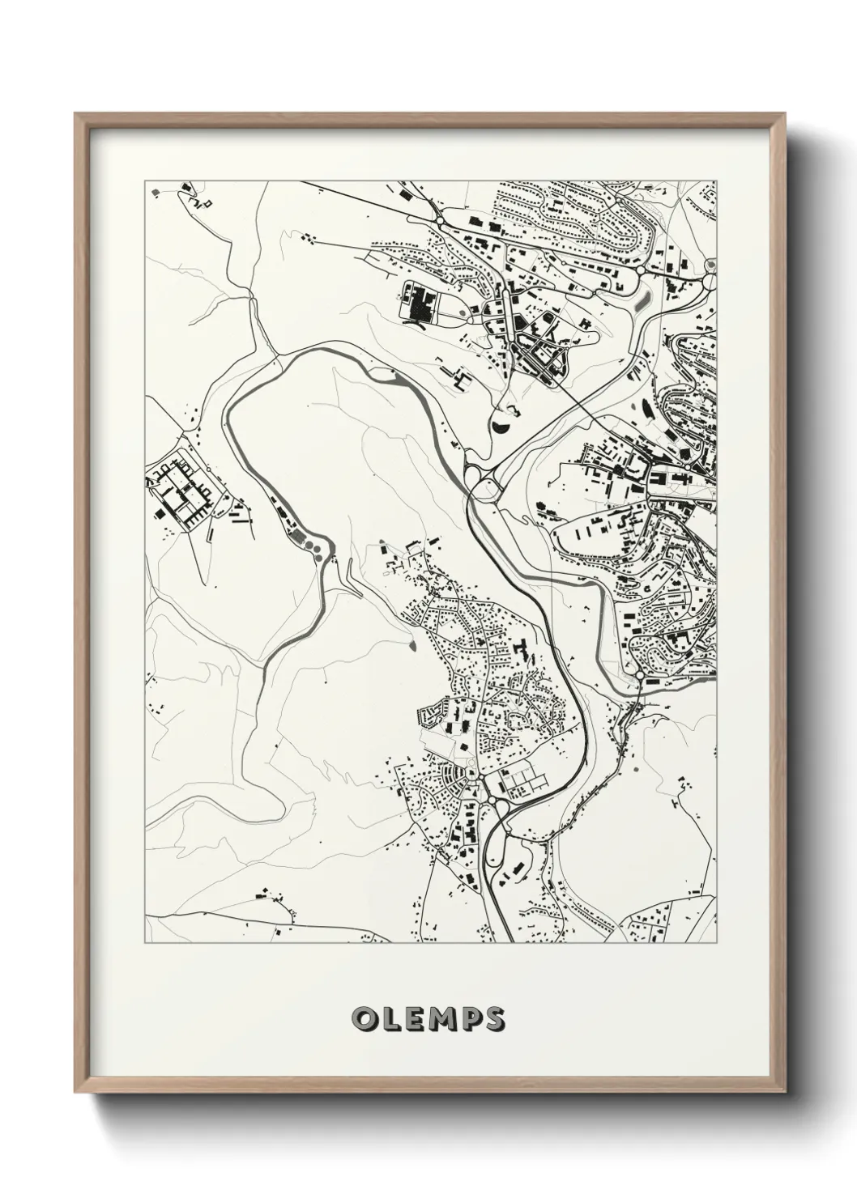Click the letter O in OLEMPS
pos(362,1019)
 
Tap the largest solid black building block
pos(421,308)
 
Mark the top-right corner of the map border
pos(717,181)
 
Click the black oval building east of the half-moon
pos(646,409)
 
